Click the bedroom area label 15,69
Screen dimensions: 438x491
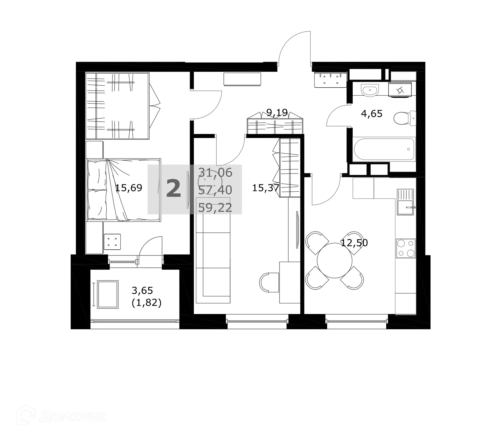point(129,188)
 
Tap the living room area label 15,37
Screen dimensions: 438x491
point(265,188)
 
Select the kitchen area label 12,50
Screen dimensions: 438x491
point(354,243)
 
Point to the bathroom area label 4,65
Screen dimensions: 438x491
point(371,113)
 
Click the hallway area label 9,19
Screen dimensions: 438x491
point(277,112)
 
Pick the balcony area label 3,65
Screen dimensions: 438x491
point(142,291)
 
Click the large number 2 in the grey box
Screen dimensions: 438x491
point(174,189)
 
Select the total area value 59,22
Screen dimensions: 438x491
point(215,208)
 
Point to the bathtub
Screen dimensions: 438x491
point(384,149)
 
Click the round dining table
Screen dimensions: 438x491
point(334,260)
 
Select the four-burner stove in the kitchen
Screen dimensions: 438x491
point(406,248)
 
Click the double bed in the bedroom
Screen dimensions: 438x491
point(124,190)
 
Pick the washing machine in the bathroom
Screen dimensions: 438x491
point(400,90)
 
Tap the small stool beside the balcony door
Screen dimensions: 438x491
point(112,242)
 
